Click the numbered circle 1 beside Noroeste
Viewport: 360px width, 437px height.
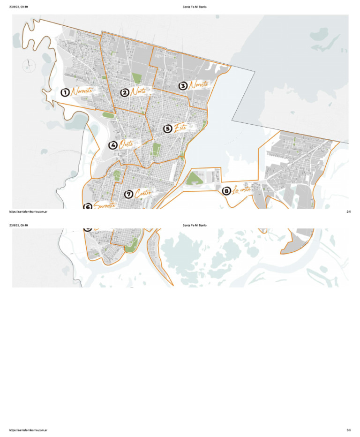[x=65, y=92]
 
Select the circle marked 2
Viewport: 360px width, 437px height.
[x=125, y=92]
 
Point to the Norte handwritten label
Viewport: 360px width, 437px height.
[x=138, y=92]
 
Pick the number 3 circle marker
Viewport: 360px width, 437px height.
[x=183, y=86]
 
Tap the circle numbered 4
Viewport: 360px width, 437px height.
[x=113, y=145]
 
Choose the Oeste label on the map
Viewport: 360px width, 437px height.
[x=126, y=144]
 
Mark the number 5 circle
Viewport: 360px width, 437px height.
[x=167, y=128]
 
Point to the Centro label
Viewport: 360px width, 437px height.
[x=143, y=193]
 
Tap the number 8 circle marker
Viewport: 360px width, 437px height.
[x=226, y=191]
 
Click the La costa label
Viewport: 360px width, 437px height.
[x=242, y=190]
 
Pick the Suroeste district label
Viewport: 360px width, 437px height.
[x=104, y=205]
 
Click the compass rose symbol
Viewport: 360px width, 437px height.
[x=28, y=65]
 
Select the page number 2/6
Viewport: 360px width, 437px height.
[x=349, y=211]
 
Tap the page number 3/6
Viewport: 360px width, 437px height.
[x=349, y=430]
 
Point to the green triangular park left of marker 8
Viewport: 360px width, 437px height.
[x=194, y=178]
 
